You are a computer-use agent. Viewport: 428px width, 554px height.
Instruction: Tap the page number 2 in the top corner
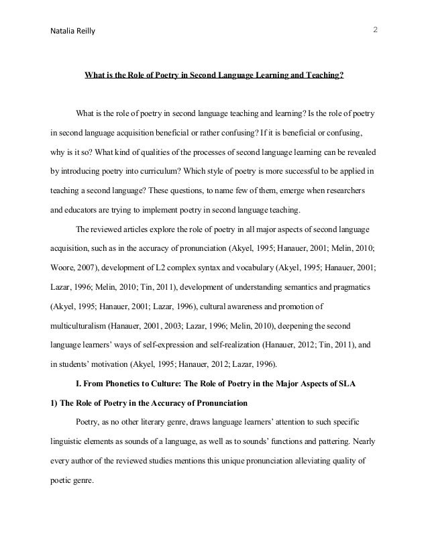point(375,30)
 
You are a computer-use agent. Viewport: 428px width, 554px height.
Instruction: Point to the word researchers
point(343,191)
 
